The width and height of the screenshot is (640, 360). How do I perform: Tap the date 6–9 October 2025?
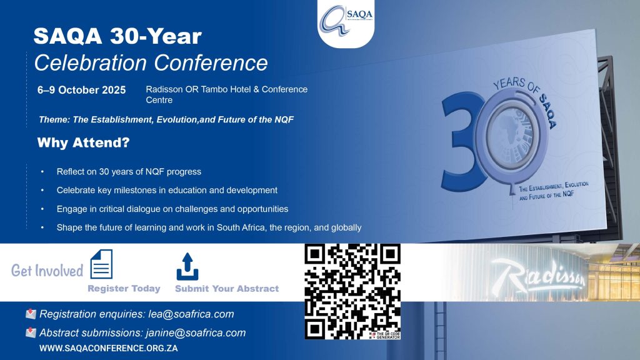click(x=82, y=90)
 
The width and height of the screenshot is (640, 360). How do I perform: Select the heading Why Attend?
click(x=83, y=142)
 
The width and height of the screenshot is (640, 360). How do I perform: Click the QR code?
click(x=352, y=291)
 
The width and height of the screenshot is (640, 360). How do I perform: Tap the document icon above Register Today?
click(x=101, y=264)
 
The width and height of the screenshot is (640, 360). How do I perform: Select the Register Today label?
click(x=124, y=289)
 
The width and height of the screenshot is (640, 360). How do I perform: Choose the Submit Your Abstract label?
click(x=227, y=289)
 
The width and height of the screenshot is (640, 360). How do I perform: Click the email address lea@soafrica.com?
click(x=191, y=314)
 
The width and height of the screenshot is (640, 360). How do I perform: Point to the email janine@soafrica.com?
click(x=196, y=332)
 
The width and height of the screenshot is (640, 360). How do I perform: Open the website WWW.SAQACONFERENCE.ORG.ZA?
click(x=109, y=348)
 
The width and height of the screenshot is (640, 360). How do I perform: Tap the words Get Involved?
click(x=47, y=270)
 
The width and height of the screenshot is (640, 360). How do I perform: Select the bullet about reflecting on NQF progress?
click(x=129, y=172)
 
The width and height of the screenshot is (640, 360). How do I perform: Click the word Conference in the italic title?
click(x=211, y=63)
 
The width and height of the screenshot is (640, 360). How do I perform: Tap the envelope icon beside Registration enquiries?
click(x=31, y=314)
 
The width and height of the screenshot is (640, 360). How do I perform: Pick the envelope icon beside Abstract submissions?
click(x=31, y=332)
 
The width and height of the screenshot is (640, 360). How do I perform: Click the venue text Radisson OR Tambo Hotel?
click(x=199, y=89)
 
